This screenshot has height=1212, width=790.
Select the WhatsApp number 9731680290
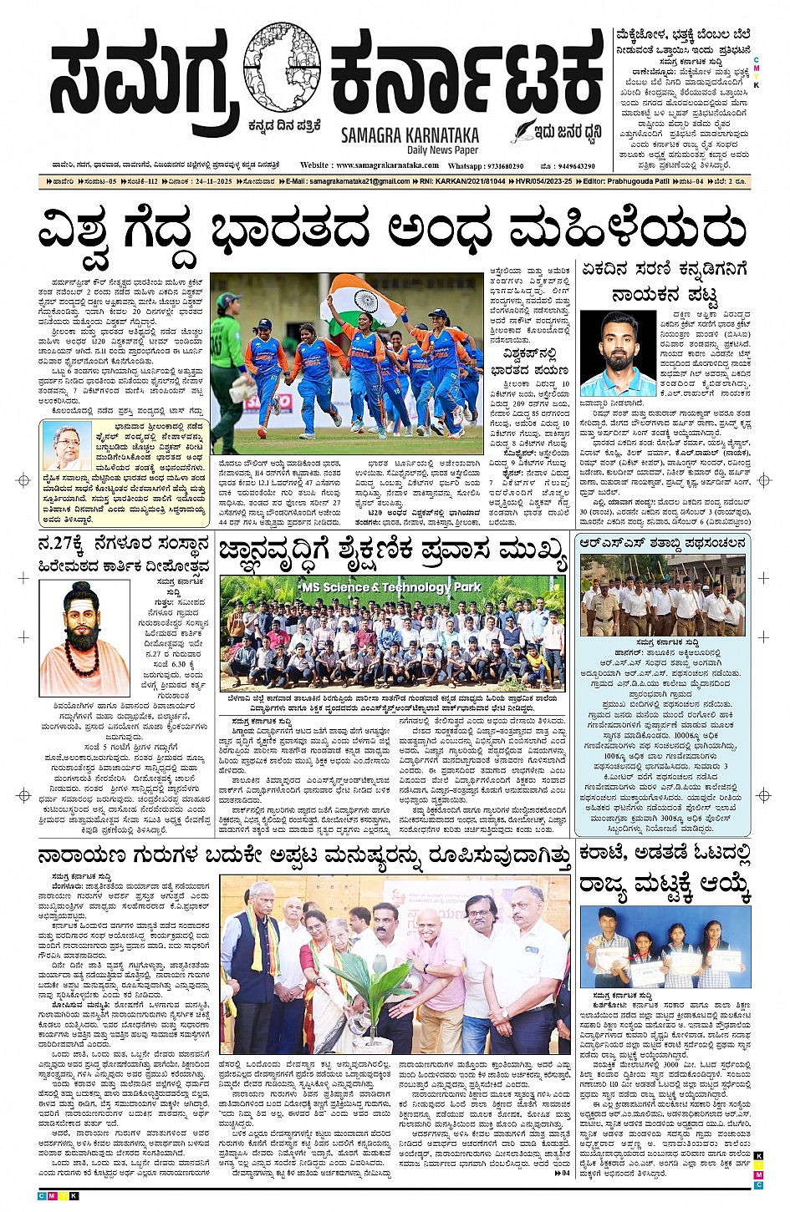click(497, 165)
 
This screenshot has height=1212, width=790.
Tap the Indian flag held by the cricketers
click(362, 301)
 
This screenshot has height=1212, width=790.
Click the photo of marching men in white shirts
click(662, 594)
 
